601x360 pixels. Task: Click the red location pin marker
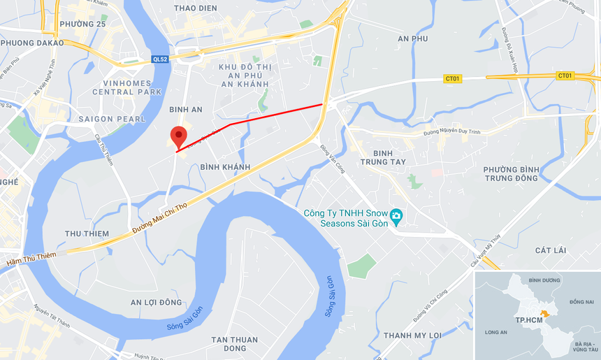click(179, 136)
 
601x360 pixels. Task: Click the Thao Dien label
click(195, 8)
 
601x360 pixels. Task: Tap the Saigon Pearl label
click(112, 119)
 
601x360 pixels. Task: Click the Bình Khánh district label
click(225, 167)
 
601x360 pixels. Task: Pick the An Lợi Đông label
click(156, 302)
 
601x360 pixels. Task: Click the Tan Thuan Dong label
click(235, 344)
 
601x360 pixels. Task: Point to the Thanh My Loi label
click(413, 336)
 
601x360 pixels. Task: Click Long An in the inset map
click(497, 332)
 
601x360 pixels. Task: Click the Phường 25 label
click(82, 24)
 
